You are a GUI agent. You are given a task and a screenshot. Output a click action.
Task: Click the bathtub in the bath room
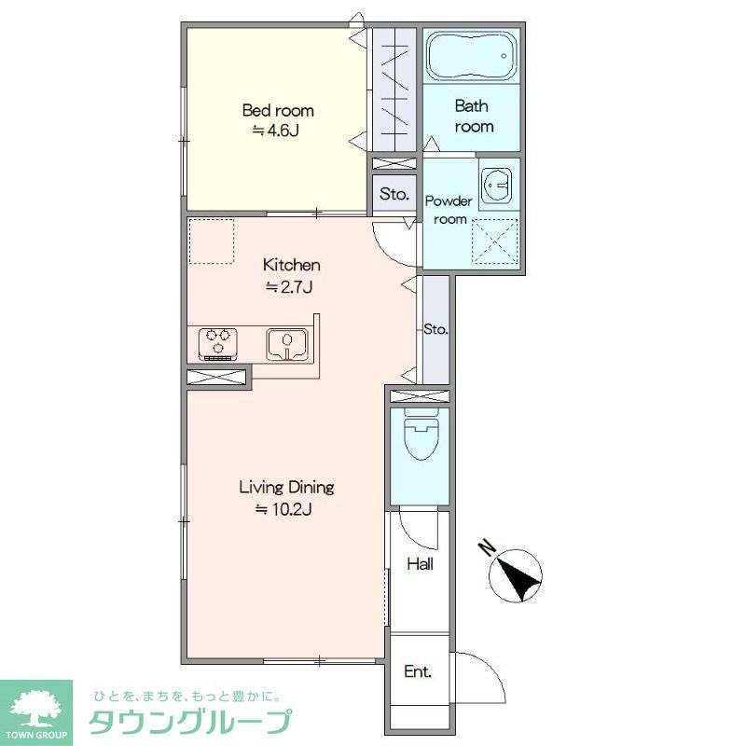click(x=471, y=56)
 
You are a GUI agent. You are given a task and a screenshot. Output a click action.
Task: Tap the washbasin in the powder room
click(x=496, y=185)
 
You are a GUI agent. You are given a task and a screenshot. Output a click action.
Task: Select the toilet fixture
click(x=421, y=435)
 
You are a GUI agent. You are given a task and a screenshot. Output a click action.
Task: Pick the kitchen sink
click(x=286, y=343)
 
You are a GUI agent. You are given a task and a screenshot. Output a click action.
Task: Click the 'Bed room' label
click(x=278, y=110)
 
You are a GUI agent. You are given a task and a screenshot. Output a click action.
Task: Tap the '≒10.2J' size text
click(x=284, y=509)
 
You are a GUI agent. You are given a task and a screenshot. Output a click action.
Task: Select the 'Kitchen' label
click(x=291, y=265)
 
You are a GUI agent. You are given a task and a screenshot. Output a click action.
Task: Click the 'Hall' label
click(x=421, y=564)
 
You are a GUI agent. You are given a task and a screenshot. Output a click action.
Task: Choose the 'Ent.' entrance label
click(x=418, y=671)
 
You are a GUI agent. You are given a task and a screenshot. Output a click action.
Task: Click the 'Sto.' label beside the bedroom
click(x=394, y=194)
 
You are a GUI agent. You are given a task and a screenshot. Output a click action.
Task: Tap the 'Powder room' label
click(x=449, y=210)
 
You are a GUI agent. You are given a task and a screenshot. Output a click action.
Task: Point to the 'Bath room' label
click(x=472, y=116)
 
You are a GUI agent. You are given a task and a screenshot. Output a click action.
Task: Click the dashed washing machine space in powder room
click(x=494, y=241)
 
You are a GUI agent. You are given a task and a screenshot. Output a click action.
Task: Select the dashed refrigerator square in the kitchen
click(x=212, y=242)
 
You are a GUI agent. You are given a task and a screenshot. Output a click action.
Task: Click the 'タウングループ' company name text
click(x=190, y=722)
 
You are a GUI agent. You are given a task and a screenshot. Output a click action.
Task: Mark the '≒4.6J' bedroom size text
click(x=275, y=130)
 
